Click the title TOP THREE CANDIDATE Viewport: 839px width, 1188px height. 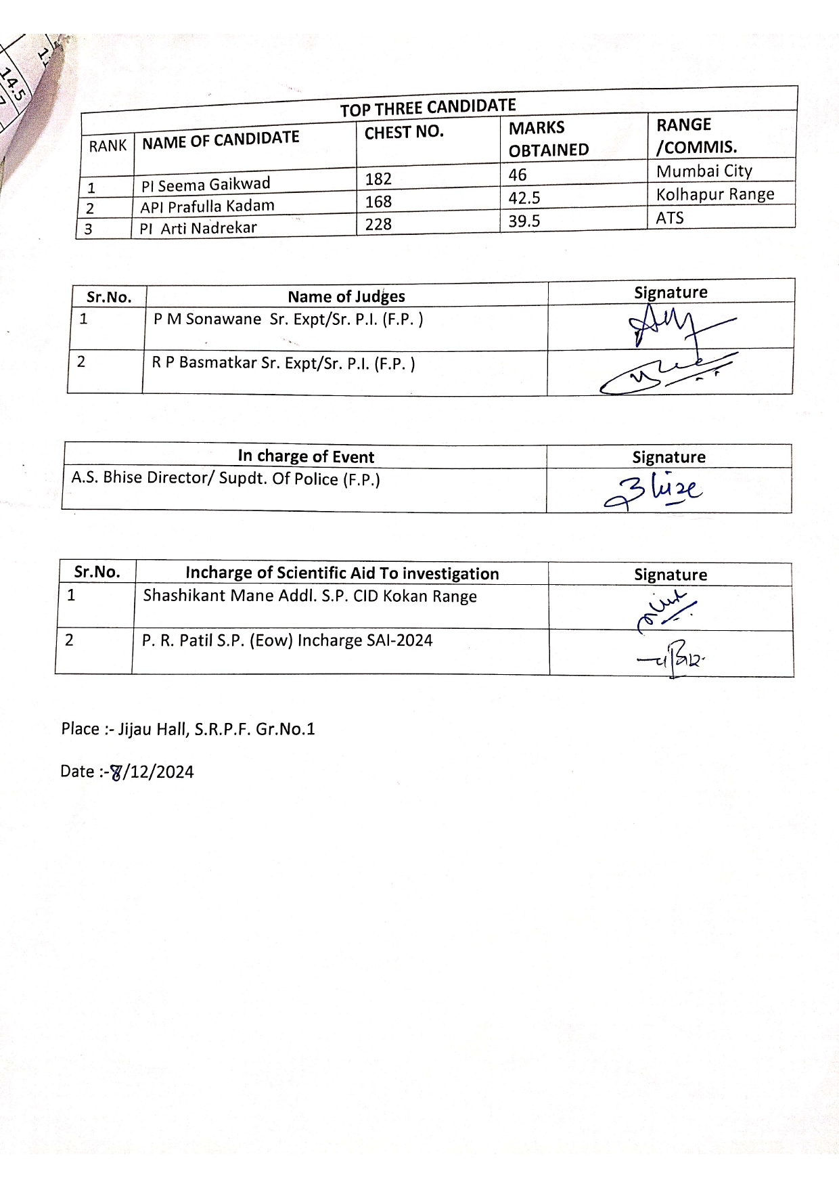[x=428, y=107]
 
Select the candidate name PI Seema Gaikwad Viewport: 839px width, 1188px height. [x=206, y=184]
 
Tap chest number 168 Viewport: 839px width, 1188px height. [x=378, y=202]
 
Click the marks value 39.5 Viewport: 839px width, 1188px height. [x=524, y=221]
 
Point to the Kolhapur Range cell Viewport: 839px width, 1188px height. [x=715, y=195]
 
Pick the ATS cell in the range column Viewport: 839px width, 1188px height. [x=670, y=218]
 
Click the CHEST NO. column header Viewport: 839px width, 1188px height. [x=404, y=132]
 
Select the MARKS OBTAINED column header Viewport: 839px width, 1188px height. [x=549, y=138]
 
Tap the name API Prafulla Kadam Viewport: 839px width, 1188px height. [x=207, y=206]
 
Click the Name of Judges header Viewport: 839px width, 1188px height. [x=346, y=296]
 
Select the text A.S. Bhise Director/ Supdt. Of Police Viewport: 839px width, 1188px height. [x=225, y=479]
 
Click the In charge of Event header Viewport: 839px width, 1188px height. [x=306, y=456]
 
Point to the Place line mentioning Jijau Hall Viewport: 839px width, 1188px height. [x=188, y=729]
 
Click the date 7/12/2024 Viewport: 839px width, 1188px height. [x=127, y=772]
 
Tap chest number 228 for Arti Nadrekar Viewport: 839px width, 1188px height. [x=378, y=224]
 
